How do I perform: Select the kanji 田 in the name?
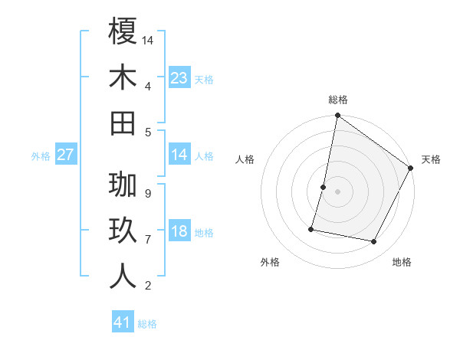pyautogui.click(x=123, y=123)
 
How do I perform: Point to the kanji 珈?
pyautogui.click(x=123, y=185)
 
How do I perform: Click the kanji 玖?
pyautogui.click(x=123, y=231)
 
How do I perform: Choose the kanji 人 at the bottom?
pyautogui.click(x=123, y=277)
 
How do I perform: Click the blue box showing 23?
pyautogui.click(x=179, y=78)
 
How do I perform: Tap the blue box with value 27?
pyautogui.click(x=66, y=155)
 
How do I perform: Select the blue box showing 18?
pyautogui.click(x=179, y=232)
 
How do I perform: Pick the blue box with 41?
pyautogui.click(x=123, y=322)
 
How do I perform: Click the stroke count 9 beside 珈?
pyautogui.click(x=147, y=194)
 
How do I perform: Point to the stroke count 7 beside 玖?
pyautogui.click(x=147, y=240)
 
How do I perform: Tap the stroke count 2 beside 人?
pyautogui.click(x=147, y=286)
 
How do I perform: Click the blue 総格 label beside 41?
pyautogui.click(x=147, y=324)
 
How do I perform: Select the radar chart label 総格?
pyautogui.click(x=338, y=100)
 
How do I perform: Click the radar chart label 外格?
pyautogui.click(x=270, y=262)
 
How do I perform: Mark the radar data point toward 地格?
pyautogui.click(x=374, y=242)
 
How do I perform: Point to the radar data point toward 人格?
pyautogui.click(x=324, y=187)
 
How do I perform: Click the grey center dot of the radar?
pyautogui.click(x=338, y=191)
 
